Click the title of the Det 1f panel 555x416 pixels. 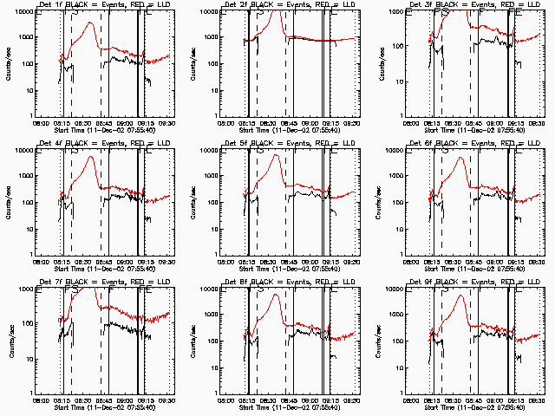tap(104, 6)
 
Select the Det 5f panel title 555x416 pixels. tap(289, 145)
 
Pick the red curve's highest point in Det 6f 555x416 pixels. tap(460, 158)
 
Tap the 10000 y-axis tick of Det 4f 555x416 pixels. tap(23, 151)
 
